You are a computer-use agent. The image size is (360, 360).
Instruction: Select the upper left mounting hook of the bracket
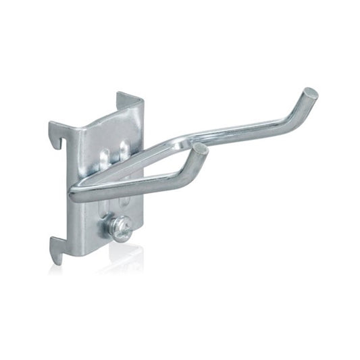(x=58, y=138)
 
